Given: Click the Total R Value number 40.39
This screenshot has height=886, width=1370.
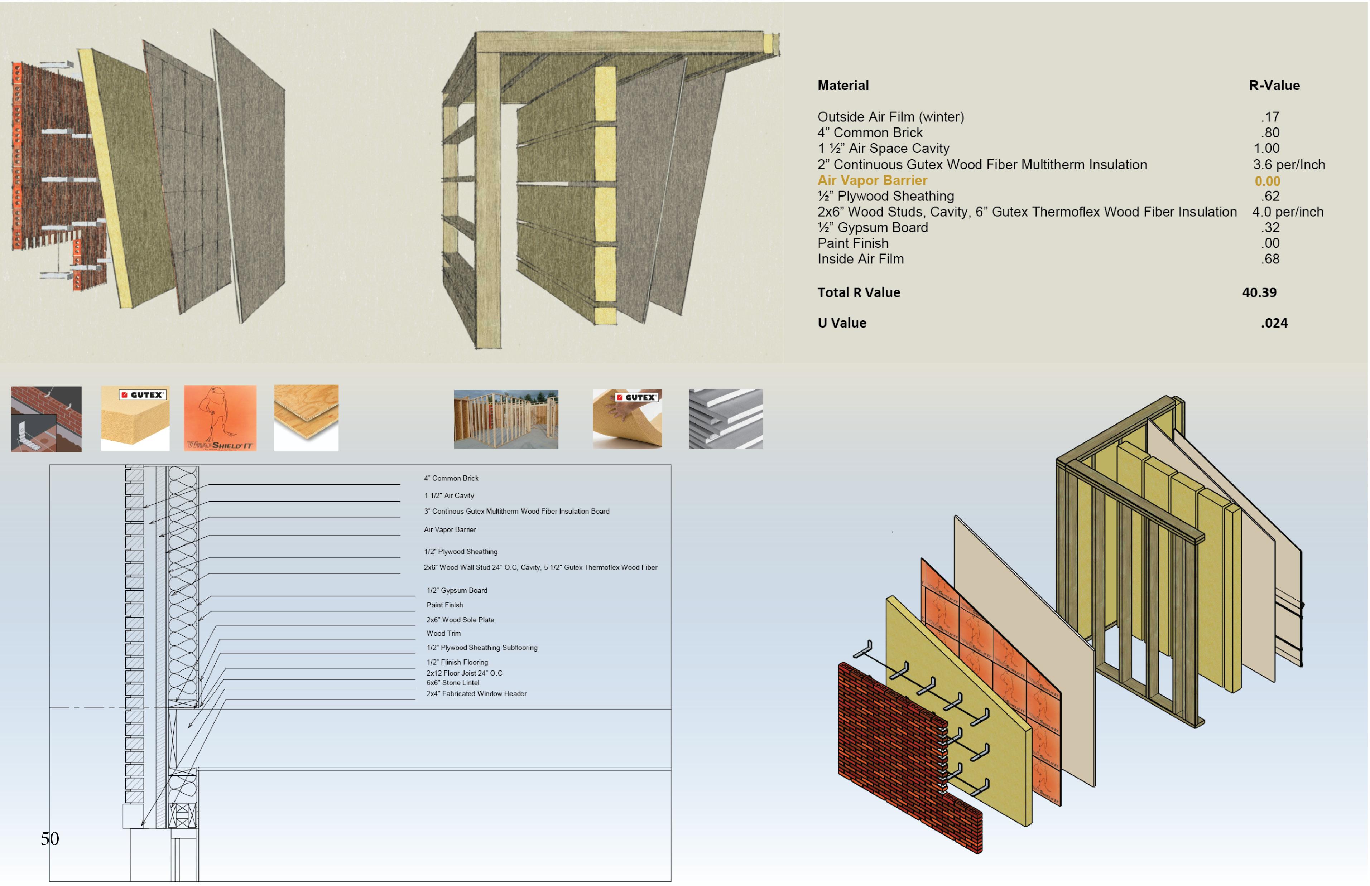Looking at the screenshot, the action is [x=1259, y=292].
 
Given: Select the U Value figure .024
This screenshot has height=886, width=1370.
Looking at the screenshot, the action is [x=1274, y=323].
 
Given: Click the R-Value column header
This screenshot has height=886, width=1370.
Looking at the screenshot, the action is [x=1274, y=85].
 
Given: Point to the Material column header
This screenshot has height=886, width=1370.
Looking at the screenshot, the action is [x=843, y=85].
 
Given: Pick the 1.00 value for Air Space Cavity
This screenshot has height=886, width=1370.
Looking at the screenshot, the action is [x=1266, y=149].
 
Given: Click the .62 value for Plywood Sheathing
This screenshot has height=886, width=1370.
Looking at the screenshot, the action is [x=1271, y=196].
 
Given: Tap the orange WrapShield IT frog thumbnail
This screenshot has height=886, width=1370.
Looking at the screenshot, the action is [x=220, y=418].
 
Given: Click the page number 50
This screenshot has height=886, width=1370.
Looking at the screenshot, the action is [x=49, y=838].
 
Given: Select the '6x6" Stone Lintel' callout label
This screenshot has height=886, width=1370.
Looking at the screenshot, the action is [x=452, y=683].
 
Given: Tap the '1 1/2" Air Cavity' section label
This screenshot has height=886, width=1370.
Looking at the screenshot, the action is [x=449, y=495].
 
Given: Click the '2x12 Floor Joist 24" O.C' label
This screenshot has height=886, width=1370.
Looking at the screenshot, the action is [x=464, y=673].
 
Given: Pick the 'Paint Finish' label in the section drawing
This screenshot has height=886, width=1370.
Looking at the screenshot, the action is [x=444, y=605].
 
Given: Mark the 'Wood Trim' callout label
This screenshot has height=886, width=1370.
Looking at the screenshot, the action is [x=443, y=633].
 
